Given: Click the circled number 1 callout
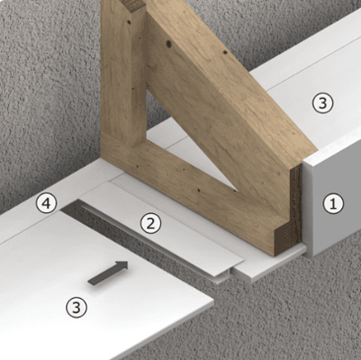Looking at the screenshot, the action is [x=333, y=204].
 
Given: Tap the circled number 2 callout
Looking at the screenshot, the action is [x=150, y=223].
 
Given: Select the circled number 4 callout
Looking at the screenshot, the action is [x=46, y=203].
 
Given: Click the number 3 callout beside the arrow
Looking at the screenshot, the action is [x=77, y=307].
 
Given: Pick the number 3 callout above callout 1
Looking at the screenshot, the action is [x=322, y=103].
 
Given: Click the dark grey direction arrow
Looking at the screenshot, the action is [x=108, y=273].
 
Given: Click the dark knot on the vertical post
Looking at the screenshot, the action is [x=129, y=22].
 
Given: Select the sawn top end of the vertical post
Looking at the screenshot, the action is [x=136, y=5].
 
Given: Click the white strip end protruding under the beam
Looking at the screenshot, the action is [x=270, y=263].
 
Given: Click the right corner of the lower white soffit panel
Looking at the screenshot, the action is [x=213, y=299].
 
